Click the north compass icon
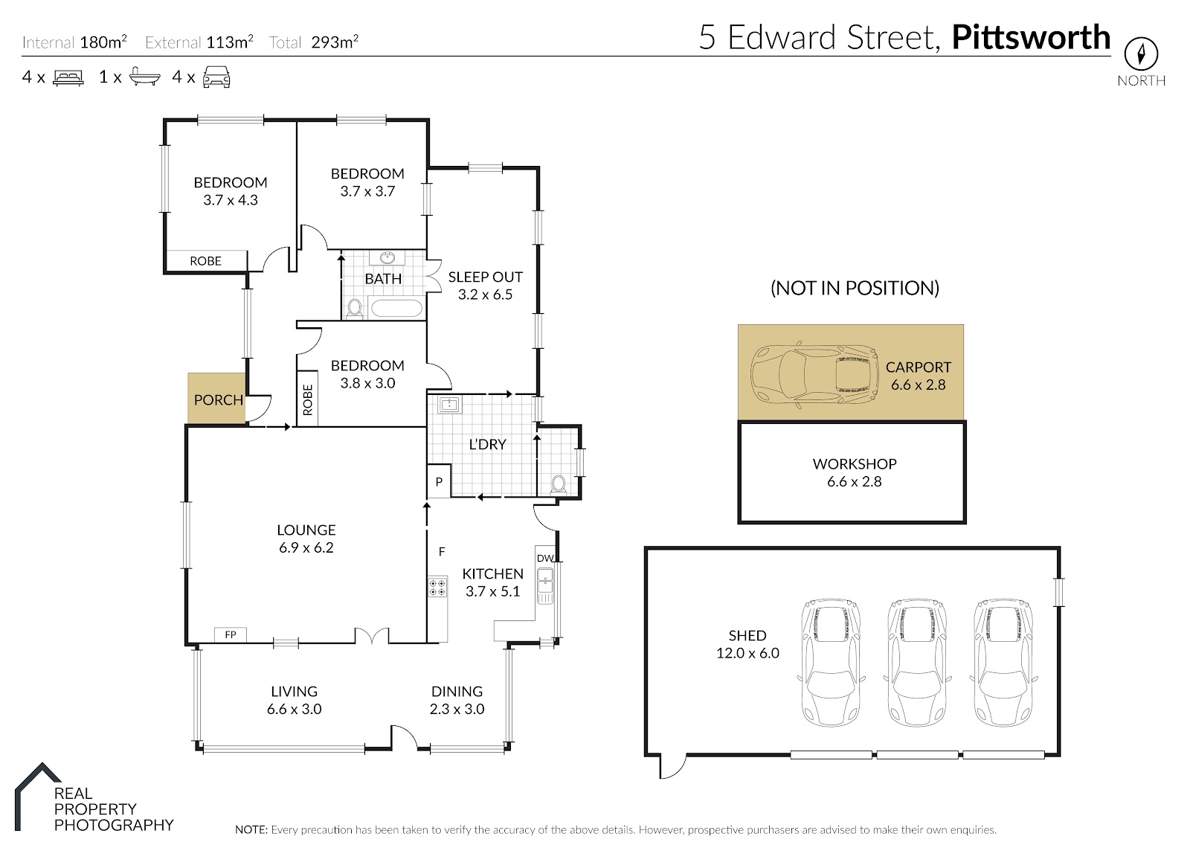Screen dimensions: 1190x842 [x=1141, y=53]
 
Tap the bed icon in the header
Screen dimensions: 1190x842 [x=68, y=77]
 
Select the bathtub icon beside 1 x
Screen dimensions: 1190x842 [x=145, y=77]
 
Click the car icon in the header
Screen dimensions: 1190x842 [x=216, y=77]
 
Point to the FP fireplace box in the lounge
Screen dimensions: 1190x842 [x=230, y=634]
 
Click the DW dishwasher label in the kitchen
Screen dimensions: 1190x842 [x=545, y=559]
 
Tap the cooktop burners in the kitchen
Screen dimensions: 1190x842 [x=438, y=588]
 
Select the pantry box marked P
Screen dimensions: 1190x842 [x=439, y=481]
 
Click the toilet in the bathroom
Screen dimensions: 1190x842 [x=354, y=309]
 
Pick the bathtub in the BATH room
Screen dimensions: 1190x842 [x=397, y=309]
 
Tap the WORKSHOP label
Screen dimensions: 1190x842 [x=855, y=463]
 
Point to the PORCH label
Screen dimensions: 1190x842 [x=219, y=400]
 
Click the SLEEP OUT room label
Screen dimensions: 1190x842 [x=485, y=277]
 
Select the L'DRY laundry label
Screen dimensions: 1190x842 [x=487, y=444]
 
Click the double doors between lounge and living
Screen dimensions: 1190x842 [x=372, y=637]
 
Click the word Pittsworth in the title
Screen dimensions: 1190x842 [x=1031, y=37]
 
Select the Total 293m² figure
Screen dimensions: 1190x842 [x=313, y=42]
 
